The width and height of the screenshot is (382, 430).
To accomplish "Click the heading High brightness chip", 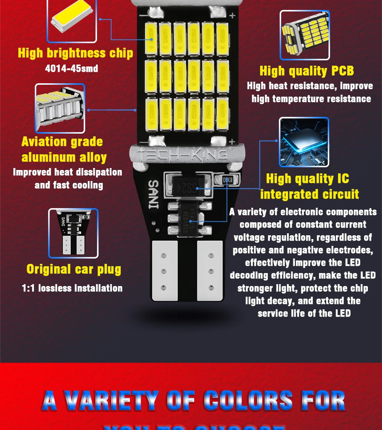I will (75, 53).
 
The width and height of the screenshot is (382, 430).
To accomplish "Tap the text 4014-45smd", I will (71, 69).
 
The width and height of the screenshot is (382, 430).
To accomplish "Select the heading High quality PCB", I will (307, 71).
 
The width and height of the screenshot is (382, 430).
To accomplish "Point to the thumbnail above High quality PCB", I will (304, 35).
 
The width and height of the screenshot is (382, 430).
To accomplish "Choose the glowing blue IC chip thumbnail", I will (304, 142).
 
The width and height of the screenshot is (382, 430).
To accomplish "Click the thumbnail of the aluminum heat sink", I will (60, 108).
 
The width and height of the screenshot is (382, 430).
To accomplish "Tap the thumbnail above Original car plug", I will (73, 233).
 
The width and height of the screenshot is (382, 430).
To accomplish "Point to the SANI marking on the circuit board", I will (152, 194).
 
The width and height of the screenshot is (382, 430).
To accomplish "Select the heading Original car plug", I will (74, 269).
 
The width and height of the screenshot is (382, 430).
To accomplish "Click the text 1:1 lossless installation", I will (72, 288).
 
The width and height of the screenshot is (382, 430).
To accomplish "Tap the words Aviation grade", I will (62, 142).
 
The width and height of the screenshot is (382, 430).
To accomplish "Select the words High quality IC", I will (308, 179).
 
